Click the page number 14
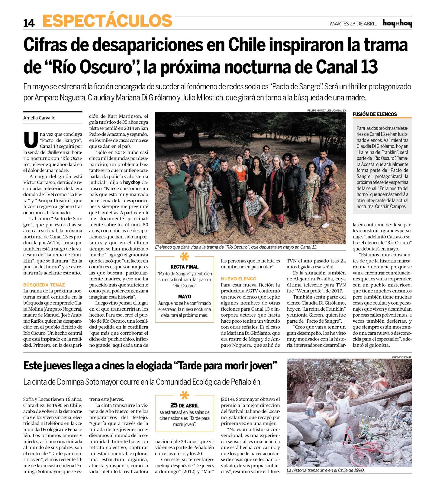click(x=29, y=23)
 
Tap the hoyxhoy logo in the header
click(x=397, y=23)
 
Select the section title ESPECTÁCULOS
click(x=107, y=21)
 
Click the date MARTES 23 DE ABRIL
click(x=353, y=24)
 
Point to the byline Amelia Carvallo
click(x=39, y=118)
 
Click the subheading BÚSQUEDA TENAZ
click(x=44, y=285)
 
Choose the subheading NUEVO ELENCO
click(x=239, y=279)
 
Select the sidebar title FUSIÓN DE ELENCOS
click(x=375, y=114)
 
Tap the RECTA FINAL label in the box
click(x=184, y=267)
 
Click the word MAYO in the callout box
click(x=184, y=296)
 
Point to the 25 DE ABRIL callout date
click(x=184, y=405)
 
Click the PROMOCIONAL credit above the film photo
click(x=401, y=357)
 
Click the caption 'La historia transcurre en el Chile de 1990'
click(x=325, y=470)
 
